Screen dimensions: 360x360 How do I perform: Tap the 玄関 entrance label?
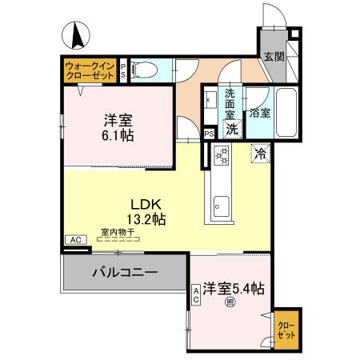pyautogui.click(x=274, y=57)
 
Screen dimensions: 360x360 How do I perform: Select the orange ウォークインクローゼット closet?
pyautogui.click(x=90, y=70)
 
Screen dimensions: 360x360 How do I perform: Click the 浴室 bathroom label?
pyautogui.click(x=260, y=113)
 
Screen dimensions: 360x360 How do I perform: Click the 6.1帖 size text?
pyautogui.click(x=118, y=137)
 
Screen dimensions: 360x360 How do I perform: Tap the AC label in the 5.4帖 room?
pyautogui.click(x=195, y=295)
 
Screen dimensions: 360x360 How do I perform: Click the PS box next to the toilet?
pyautogui.click(x=123, y=70)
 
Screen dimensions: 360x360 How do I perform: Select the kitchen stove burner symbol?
pyautogui.click(x=222, y=156)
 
